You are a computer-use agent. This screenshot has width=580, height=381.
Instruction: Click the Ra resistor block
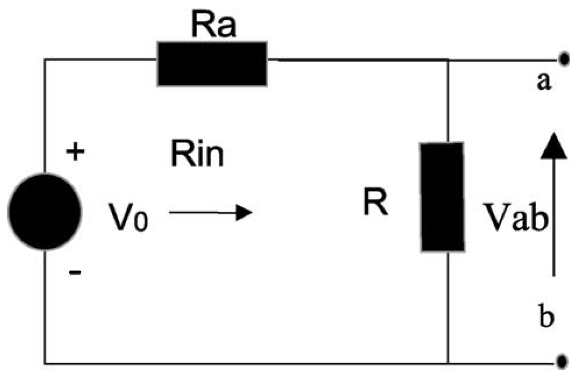pyautogui.click(x=212, y=64)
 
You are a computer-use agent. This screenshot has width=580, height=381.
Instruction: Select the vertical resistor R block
pyautogui.click(x=442, y=197)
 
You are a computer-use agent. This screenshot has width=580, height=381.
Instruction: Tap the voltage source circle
pyautogui.click(x=45, y=212)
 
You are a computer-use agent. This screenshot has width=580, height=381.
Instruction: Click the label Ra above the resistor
pyautogui.click(x=214, y=25)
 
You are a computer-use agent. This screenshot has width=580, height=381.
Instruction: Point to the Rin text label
pyautogui.click(x=197, y=154)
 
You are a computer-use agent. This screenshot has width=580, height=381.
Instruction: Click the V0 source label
pyautogui.click(x=129, y=217)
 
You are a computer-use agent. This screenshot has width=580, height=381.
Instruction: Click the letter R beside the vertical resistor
pyautogui.click(x=375, y=203)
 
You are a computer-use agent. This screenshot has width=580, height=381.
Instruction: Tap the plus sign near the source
pyautogui.click(x=75, y=151)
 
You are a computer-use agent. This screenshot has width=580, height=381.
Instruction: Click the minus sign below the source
pyautogui.click(x=75, y=272)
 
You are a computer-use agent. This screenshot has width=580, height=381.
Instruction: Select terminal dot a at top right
pyautogui.click(x=564, y=59)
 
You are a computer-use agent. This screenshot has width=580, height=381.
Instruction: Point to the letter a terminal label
pyautogui.click(x=544, y=82)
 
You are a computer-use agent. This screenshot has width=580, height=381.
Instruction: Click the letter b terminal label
pyautogui.click(x=547, y=316)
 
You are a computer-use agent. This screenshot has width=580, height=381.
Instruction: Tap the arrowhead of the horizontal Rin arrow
pyautogui.click(x=245, y=212)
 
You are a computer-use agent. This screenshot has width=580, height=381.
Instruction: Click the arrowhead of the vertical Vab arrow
pyautogui.click(x=554, y=146)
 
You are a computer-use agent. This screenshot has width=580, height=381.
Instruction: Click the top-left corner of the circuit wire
pyautogui.click(x=45, y=59)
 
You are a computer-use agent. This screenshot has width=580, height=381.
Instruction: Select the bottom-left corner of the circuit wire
pyautogui.click(x=45, y=364)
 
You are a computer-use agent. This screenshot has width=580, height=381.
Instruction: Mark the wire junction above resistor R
pyautogui.click(x=448, y=60)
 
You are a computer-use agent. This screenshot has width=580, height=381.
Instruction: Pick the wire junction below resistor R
pyautogui.click(x=448, y=363)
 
